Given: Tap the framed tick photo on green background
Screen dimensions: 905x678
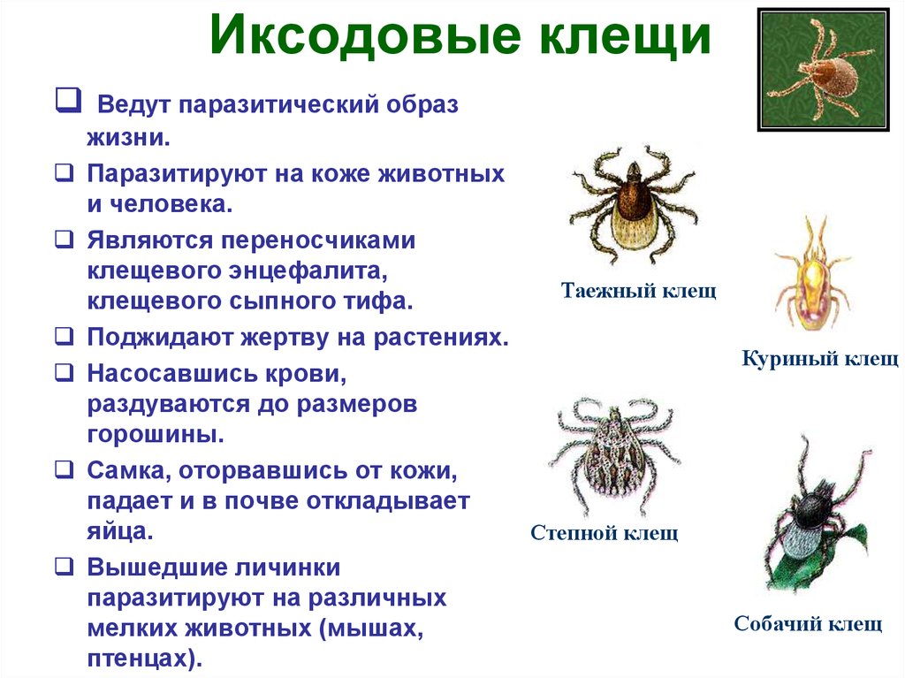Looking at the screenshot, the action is click(824, 70).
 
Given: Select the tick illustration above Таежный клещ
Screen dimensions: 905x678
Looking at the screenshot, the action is click(633, 206).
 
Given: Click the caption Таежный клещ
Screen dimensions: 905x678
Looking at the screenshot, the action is click(638, 290).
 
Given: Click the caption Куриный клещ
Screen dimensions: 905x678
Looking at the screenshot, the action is click(820, 358).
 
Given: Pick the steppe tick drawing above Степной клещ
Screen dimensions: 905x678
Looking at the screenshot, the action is click(614, 455).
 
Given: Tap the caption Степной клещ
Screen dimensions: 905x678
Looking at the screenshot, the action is click(605, 532).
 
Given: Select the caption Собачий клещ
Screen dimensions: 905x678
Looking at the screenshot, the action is click(808, 624).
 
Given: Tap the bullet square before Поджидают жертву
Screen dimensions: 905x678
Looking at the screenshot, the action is click(64, 336).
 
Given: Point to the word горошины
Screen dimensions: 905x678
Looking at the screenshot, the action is click(156, 434).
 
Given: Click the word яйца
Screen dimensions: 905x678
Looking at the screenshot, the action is click(120, 531).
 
